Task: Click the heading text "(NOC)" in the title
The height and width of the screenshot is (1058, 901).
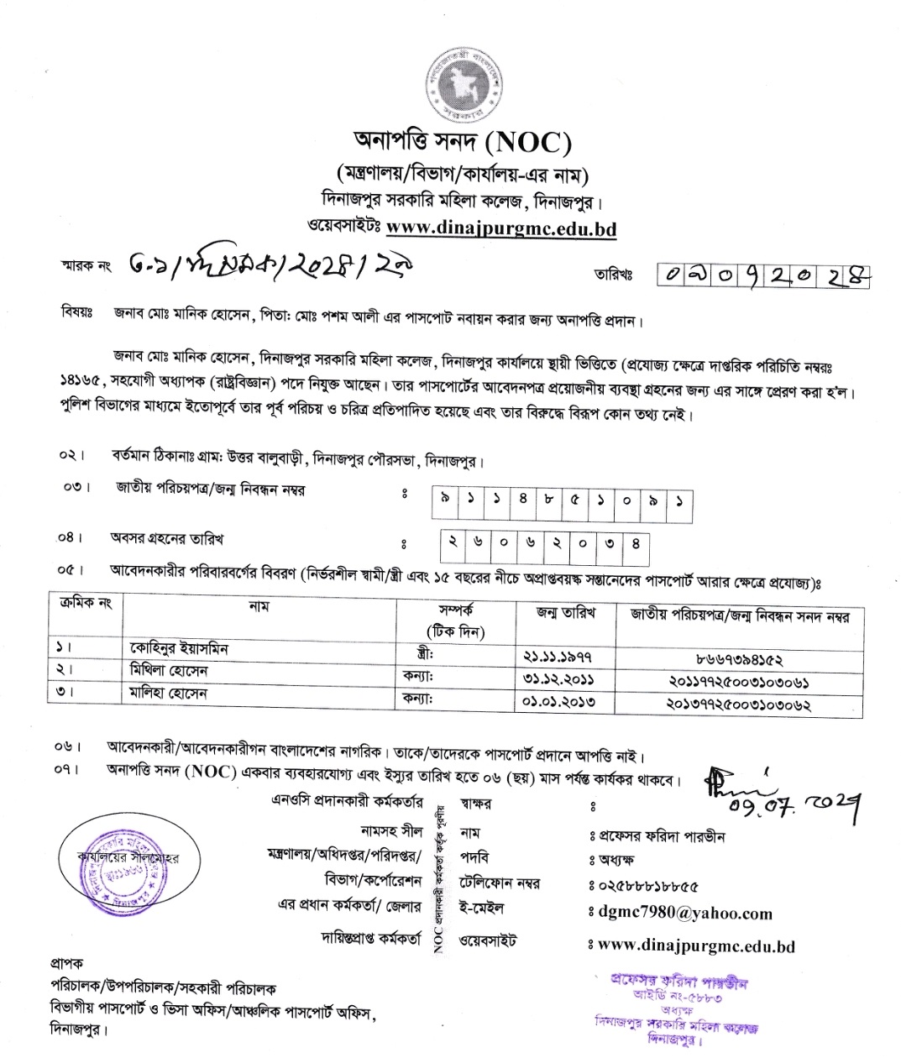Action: (527, 142)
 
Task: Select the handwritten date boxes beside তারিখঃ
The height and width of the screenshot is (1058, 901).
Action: (762, 273)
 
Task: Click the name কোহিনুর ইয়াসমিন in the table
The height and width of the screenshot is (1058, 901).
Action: (179, 649)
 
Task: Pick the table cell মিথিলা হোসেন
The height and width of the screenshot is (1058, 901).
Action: (169, 672)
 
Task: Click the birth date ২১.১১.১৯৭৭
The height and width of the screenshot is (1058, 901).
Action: (558, 656)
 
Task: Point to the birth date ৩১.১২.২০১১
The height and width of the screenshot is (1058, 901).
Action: (558, 678)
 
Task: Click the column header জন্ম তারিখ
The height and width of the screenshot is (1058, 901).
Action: (566, 613)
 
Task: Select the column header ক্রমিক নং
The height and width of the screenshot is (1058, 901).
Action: (81, 603)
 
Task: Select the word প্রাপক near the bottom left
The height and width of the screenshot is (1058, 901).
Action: (67, 963)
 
